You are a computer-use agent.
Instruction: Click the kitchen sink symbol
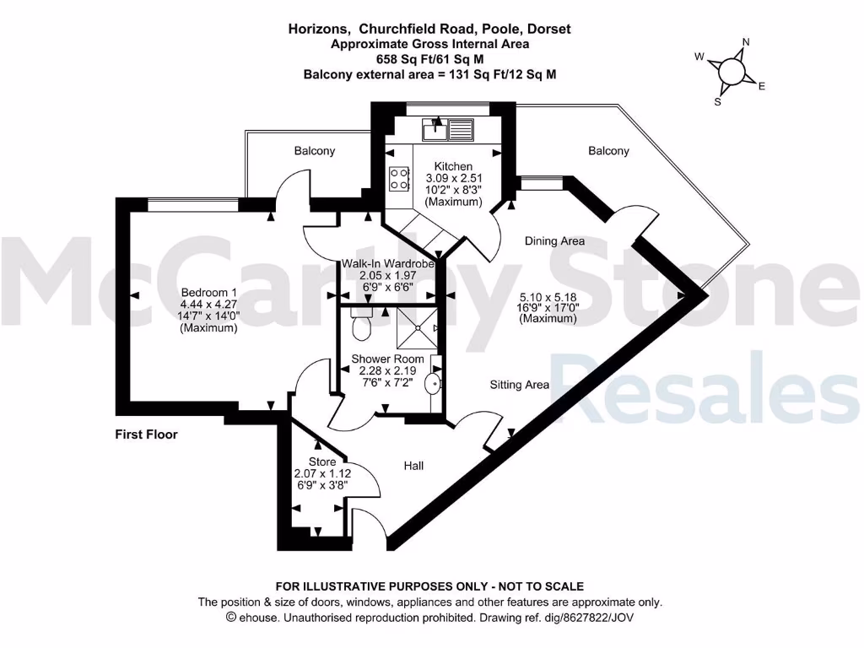click(448, 129)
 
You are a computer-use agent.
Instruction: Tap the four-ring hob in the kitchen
click(399, 179)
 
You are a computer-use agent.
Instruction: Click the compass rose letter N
click(745, 41)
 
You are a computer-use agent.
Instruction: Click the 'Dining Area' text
click(554, 240)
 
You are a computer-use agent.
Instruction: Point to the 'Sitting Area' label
click(520, 385)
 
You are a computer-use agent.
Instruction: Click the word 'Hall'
click(413, 466)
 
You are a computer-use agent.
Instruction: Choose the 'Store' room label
click(321, 462)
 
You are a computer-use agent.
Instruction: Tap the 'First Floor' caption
click(146, 435)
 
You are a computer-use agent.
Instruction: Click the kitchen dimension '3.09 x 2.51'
click(453, 178)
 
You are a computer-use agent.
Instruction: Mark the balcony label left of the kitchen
click(314, 151)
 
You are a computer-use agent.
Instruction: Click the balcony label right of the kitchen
click(608, 151)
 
